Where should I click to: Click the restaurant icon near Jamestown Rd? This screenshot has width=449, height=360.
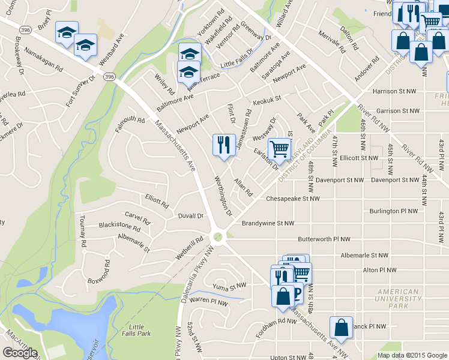point(221,145)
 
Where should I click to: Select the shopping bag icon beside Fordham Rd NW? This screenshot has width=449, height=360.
point(283,296)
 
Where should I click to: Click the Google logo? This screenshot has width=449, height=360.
point(20,353)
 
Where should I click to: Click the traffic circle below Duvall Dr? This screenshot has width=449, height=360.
point(218,236)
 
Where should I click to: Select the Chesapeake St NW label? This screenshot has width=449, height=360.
point(293,198)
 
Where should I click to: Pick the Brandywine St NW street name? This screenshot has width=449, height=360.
point(268,223)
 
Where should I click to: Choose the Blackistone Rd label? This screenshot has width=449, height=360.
point(119,226)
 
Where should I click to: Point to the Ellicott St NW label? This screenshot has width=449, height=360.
point(359,158)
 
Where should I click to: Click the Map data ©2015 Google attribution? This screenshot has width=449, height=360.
point(411,355)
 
